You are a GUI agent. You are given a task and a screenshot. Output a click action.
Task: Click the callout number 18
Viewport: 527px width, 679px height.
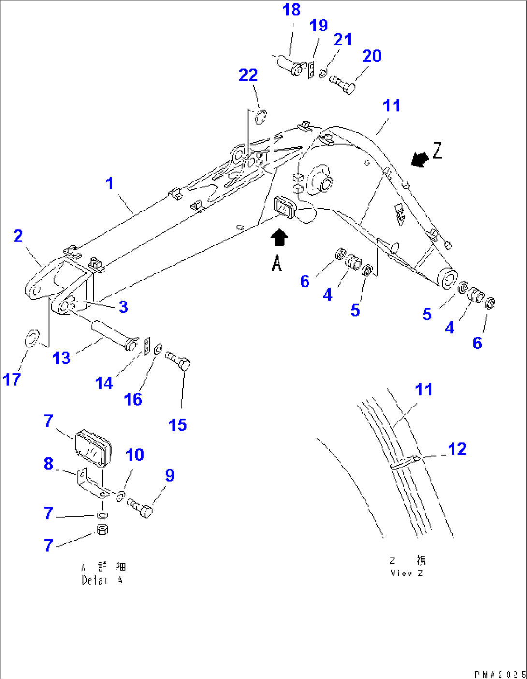[x=292, y=10]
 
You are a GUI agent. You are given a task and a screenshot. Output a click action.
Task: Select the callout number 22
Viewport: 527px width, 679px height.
[x=248, y=75]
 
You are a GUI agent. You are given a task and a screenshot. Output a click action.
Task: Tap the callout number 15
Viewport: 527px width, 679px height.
[x=177, y=425]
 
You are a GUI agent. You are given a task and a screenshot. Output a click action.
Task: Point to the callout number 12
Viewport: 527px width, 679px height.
[x=457, y=449]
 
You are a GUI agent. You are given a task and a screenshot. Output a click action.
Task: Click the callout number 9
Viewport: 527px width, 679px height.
[x=169, y=475]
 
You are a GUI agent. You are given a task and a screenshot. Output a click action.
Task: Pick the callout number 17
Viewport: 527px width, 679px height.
[x=12, y=379]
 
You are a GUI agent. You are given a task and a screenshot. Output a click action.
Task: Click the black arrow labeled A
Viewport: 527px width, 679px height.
[x=279, y=238]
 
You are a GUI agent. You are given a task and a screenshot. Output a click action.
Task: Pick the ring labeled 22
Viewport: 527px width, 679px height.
[x=261, y=117]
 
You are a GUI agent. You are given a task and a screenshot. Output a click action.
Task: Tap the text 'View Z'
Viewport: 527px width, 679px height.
[x=407, y=573]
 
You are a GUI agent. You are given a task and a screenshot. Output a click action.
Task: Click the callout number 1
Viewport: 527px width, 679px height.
[x=110, y=183]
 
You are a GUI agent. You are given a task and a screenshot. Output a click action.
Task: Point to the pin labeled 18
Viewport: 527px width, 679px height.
[x=290, y=65]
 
